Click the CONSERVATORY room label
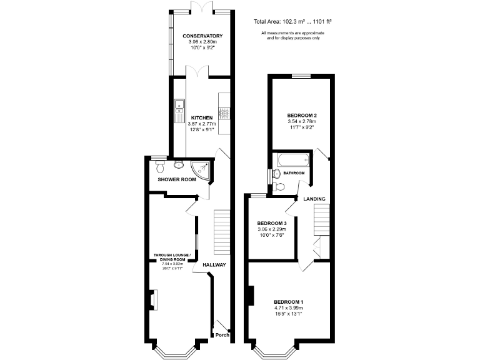coord(202,36)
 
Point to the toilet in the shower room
coord(161,167)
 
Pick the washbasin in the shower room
coord(179,165)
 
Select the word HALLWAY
coord(214,265)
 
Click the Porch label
coord(222,335)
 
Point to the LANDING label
coord(314,199)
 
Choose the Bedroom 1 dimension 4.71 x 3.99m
coord(288,308)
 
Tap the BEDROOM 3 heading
coord(272,223)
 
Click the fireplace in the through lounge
coord(153,300)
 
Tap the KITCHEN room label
coord(202,117)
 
